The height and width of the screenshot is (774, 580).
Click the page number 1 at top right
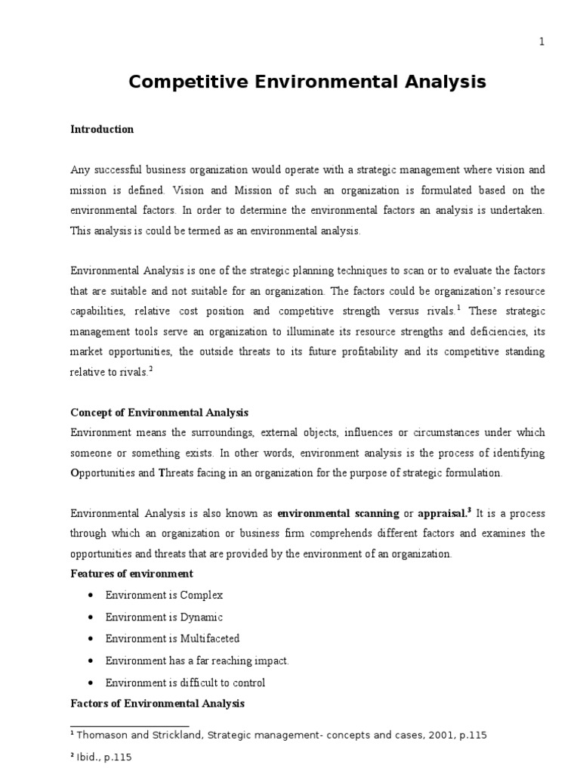(541, 42)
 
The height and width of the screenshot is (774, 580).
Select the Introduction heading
(102, 129)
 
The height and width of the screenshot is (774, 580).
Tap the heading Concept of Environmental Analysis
(159, 413)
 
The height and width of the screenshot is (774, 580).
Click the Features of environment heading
(131, 574)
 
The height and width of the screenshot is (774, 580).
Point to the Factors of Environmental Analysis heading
(157, 704)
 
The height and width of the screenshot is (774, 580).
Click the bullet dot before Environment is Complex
(91, 596)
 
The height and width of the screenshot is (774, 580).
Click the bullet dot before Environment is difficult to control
(91, 683)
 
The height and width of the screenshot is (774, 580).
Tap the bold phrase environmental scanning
(338, 513)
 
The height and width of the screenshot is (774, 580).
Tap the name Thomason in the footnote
(106, 735)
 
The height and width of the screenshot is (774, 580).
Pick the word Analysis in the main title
(434, 82)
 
